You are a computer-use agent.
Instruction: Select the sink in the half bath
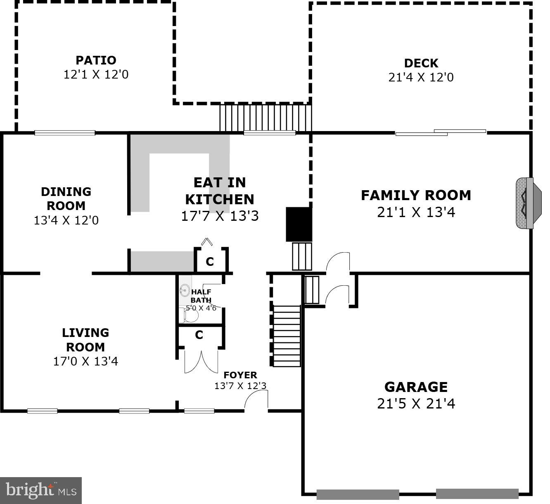point(185,291)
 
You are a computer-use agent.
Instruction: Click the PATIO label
point(96,60)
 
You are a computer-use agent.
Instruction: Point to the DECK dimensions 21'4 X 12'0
point(421,77)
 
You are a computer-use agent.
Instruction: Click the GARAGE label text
point(416,387)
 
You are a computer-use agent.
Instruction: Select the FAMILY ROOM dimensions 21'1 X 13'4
point(416,212)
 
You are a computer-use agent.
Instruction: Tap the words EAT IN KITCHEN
point(219,191)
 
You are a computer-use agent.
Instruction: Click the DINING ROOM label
point(66,198)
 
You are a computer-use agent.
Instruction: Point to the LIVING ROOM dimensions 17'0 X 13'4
point(85,361)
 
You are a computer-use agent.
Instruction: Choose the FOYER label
point(240,375)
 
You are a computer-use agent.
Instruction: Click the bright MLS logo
point(41,490)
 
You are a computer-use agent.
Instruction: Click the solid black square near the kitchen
point(299,224)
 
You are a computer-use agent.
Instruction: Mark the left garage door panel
point(358,494)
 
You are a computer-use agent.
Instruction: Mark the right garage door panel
point(477,494)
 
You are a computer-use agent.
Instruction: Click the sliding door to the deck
point(441,133)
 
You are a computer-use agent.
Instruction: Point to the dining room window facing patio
point(65,133)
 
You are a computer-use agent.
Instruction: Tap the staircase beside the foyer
point(286,336)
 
